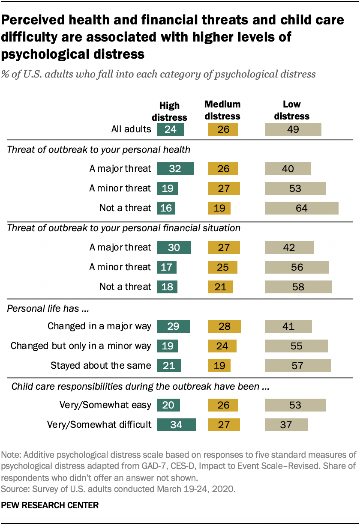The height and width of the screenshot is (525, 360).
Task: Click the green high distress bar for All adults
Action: (x=171, y=129)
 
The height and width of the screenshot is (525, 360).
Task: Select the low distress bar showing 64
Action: (x=302, y=208)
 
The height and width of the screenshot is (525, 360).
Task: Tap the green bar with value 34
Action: (x=177, y=424)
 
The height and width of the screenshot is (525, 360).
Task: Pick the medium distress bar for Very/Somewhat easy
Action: (x=223, y=405)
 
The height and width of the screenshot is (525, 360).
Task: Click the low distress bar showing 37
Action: (x=286, y=424)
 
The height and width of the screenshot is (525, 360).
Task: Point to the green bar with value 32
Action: (x=175, y=168)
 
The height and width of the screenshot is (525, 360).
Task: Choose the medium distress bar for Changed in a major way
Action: (x=224, y=326)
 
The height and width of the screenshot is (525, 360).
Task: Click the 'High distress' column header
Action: (x=173, y=111)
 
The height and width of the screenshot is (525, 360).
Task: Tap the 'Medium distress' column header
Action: (x=222, y=110)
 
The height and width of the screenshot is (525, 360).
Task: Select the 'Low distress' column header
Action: (x=292, y=110)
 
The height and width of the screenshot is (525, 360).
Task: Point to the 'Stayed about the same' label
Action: (x=101, y=365)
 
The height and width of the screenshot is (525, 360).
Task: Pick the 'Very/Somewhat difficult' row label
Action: (x=99, y=424)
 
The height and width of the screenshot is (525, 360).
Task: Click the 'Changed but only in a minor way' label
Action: (x=81, y=346)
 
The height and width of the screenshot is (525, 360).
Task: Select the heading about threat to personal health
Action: (x=99, y=149)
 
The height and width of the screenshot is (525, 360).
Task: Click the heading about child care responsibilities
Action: (x=140, y=387)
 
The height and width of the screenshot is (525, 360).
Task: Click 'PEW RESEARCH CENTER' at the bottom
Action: (x=50, y=505)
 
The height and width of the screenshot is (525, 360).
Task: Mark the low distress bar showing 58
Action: (x=298, y=286)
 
